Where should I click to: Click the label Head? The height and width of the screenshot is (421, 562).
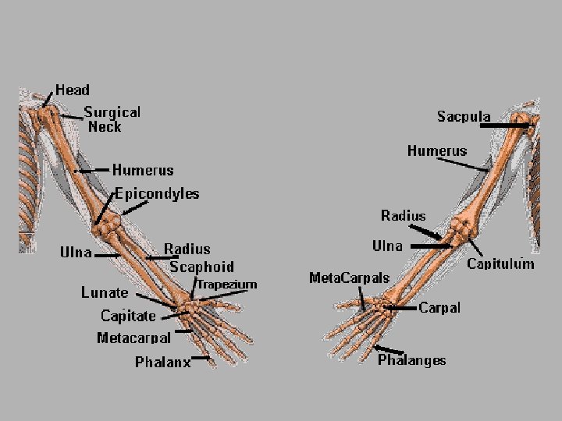[x=73, y=90]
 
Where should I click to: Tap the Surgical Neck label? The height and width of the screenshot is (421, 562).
[x=112, y=119]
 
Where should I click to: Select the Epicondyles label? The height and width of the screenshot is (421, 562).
[x=157, y=193]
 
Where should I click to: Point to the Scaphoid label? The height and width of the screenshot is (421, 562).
[x=201, y=267]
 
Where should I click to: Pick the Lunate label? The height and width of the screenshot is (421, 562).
[x=105, y=293]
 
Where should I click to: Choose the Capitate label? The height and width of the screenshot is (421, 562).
[x=128, y=316]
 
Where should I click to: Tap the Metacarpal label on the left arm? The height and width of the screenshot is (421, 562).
[x=133, y=338]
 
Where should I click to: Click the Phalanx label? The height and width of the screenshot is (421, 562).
[x=162, y=362]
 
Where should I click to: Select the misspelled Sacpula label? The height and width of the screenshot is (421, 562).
[x=464, y=117]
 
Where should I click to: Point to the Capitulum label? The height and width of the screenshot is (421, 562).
[x=500, y=264]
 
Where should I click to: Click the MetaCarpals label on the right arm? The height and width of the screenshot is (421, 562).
[x=349, y=278]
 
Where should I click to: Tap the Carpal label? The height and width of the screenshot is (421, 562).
[x=439, y=308]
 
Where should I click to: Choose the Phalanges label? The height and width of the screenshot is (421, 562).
[x=412, y=360]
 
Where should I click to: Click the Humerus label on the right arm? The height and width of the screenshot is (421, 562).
[x=437, y=150]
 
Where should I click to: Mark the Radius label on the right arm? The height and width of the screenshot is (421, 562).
[x=403, y=215]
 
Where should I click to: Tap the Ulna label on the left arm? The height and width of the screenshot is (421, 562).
[x=76, y=253]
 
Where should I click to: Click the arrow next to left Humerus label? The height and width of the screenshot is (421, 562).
[x=94, y=169]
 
